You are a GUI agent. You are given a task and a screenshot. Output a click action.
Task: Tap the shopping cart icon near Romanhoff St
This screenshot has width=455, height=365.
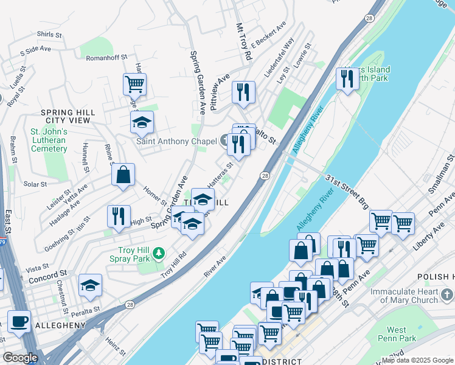point(134,84)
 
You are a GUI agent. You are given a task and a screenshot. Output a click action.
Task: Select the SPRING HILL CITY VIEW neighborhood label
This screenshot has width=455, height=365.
point(65,117)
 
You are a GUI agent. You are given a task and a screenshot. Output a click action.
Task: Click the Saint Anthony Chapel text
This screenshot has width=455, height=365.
point(176,142)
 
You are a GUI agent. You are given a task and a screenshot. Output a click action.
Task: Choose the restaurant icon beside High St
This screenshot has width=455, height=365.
point(119,215)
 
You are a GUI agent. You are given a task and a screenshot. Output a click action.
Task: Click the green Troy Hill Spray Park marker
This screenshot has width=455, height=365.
point(159,252)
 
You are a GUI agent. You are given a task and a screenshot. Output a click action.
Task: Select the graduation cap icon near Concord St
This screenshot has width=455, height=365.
point(90,285)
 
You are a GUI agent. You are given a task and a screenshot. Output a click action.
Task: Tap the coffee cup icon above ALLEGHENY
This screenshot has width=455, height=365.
point(19,321)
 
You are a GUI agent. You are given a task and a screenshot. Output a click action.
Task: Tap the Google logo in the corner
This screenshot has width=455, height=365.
point(20,358)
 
